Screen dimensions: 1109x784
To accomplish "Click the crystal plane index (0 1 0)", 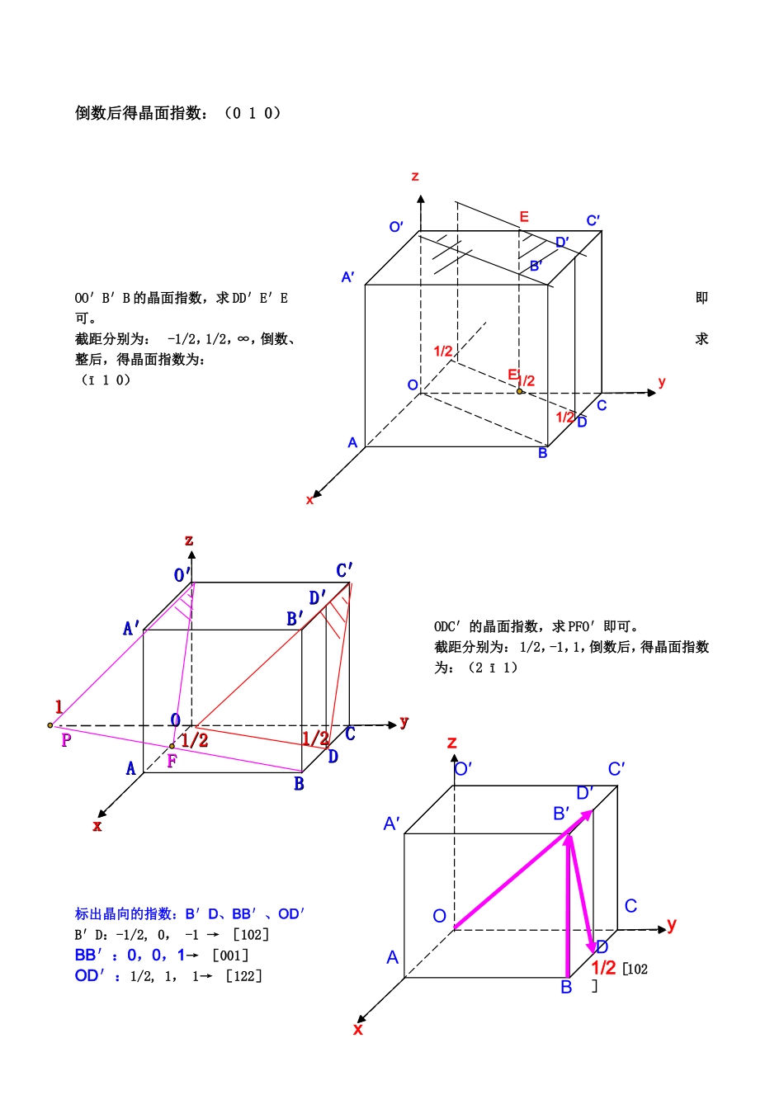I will pyautogui.click(x=253, y=113).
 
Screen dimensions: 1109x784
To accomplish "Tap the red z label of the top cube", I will pyautogui.click(x=415, y=177).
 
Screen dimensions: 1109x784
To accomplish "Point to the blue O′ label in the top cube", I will pyautogui.click(x=396, y=227).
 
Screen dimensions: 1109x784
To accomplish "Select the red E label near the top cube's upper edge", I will pyautogui.click(x=524, y=217).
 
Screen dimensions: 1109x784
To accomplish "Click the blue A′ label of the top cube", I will pyautogui.click(x=348, y=277).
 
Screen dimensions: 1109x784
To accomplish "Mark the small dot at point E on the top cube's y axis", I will pyautogui.click(x=520, y=391).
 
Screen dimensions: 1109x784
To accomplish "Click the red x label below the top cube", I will pyautogui.click(x=309, y=500).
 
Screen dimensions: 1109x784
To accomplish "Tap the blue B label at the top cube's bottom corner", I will pyautogui.click(x=543, y=453).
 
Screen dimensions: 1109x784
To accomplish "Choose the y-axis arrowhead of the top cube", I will pyautogui.click(x=652, y=393).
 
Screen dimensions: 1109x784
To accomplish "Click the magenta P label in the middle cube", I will pyautogui.click(x=66, y=740).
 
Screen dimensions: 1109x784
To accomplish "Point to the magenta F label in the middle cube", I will pyautogui.click(x=172, y=761).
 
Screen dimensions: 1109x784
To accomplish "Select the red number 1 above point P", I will pyautogui.click(x=59, y=707).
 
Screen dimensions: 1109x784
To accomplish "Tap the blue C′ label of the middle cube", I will pyautogui.click(x=344, y=570).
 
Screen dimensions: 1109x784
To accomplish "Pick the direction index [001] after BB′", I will pyautogui.click(x=230, y=956).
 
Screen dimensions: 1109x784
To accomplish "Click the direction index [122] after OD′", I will pyautogui.click(x=244, y=976).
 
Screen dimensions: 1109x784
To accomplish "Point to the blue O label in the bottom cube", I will pyautogui.click(x=440, y=916).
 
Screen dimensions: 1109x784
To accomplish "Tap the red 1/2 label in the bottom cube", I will pyautogui.click(x=603, y=968).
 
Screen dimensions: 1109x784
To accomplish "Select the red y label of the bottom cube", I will pyautogui.click(x=672, y=924).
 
